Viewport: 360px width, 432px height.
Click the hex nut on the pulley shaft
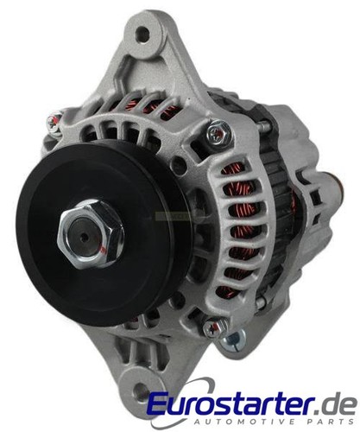pos(90,231)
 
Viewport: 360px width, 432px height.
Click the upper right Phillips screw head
pos(218,133)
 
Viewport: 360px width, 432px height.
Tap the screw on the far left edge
pos(54,124)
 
